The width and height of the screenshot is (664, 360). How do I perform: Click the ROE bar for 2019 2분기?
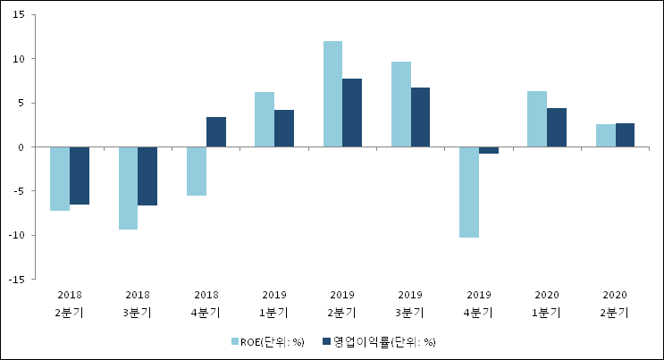click(332, 94)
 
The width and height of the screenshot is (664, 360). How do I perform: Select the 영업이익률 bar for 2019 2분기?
click(352, 113)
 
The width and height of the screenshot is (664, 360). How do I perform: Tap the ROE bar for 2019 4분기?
click(469, 192)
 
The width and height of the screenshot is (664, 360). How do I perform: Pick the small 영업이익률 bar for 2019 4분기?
click(489, 150)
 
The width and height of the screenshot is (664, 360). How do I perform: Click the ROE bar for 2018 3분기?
click(128, 188)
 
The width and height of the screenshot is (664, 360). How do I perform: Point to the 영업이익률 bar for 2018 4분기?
click(216, 132)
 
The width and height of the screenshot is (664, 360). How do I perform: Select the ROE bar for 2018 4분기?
click(197, 172)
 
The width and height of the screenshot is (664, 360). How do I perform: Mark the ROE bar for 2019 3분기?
click(401, 105)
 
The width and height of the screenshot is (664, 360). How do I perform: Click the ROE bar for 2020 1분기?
click(537, 119)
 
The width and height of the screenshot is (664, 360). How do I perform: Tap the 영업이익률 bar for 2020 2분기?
click(625, 135)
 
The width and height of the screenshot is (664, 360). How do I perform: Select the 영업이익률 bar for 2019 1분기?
click(284, 129)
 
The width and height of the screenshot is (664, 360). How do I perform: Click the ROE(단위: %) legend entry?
click(267, 342)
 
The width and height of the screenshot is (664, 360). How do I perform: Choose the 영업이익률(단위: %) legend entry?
click(379, 342)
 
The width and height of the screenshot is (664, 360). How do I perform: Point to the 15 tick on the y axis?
click(19, 15)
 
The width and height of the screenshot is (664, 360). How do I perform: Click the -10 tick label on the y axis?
click(17, 235)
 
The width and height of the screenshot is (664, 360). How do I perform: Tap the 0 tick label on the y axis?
click(21, 147)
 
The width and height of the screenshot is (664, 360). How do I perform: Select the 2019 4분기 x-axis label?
click(479, 304)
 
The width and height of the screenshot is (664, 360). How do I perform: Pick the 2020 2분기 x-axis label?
click(615, 304)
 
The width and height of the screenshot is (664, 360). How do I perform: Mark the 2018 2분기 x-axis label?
click(70, 304)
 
